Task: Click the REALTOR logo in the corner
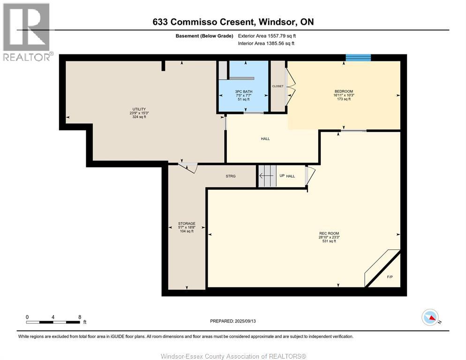tap(26, 32)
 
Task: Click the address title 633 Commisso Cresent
tap(233, 22)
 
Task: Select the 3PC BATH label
tap(243, 91)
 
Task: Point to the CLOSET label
tap(278, 86)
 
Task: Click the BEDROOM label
tap(343, 91)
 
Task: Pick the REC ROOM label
tap(328, 233)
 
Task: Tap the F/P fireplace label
tap(389, 277)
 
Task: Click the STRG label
tap(230, 176)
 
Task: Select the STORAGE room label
tap(186, 224)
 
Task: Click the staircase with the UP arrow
tap(267, 176)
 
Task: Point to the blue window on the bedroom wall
tap(358, 58)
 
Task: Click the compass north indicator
tap(430, 318)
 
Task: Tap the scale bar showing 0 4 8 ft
tap(53, 321)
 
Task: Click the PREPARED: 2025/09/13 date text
tap(233, 321)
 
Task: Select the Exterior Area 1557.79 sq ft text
tap(267, 36)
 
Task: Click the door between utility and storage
tap(188, 167)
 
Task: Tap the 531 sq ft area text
tap(328, 241)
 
